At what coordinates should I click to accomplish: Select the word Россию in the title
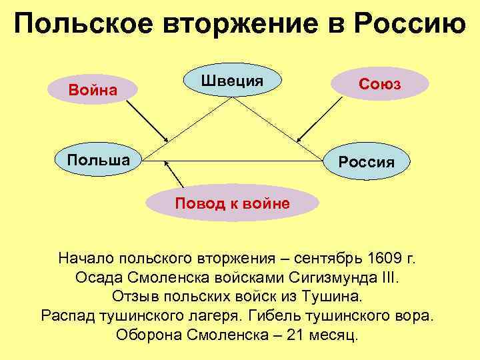coord(411,26)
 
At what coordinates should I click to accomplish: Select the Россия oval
coord(367,162)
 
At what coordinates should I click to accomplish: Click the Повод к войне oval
coord(233,203)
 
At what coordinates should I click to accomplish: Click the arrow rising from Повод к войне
coord(174,175)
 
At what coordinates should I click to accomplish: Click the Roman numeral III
coord(391,276)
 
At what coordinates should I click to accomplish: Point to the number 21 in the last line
coord(294,333)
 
